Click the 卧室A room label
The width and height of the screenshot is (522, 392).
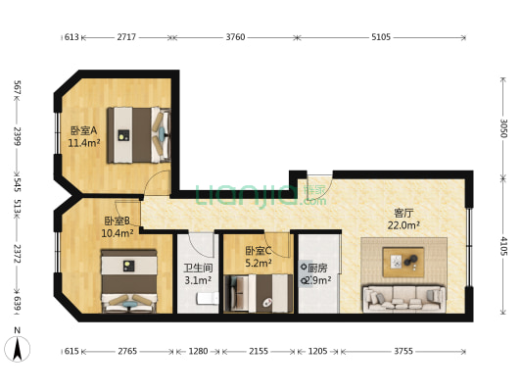click(x=83, y=130)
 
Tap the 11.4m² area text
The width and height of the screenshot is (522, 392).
click(x=84, y=143)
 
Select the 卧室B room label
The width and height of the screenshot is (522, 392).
click(x=117, y=220)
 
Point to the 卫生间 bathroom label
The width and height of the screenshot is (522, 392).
click(x=198, y=268)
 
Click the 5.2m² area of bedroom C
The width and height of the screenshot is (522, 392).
click(x=259, y=263)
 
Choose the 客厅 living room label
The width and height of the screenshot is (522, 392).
click(x=403, y=213)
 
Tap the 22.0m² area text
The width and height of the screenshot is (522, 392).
click(x=403, y=225)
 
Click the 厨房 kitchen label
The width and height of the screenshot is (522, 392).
click(x=317, y=268)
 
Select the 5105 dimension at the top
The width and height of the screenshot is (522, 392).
click(x=381, y=37)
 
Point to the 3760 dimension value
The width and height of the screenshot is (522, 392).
click(x=235, y=37)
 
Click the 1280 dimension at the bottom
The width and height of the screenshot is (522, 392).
click(x=198, y=351)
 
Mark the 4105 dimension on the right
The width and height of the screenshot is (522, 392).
click(x=503, y=246)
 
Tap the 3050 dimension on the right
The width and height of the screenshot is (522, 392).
click(x=503, y=128)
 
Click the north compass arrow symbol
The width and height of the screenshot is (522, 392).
click(x=18, y=349)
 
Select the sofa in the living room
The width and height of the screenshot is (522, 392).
click(x=404, y=299)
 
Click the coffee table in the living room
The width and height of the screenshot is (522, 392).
click(x=403, y=262)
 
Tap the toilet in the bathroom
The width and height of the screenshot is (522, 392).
click(x=208, y=298)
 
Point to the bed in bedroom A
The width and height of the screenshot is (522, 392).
click(x=139, y=135)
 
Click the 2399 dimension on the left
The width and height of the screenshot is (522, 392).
click(x=18, y=136)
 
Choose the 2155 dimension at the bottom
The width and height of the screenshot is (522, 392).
click(x=259, y=351)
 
